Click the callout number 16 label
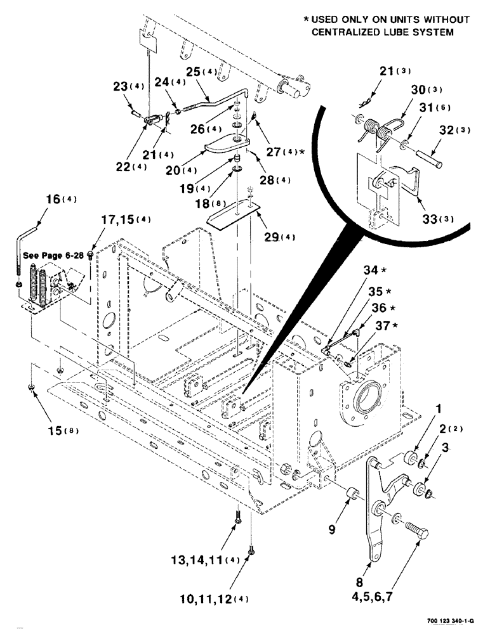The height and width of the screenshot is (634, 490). (x=51, y=198)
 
